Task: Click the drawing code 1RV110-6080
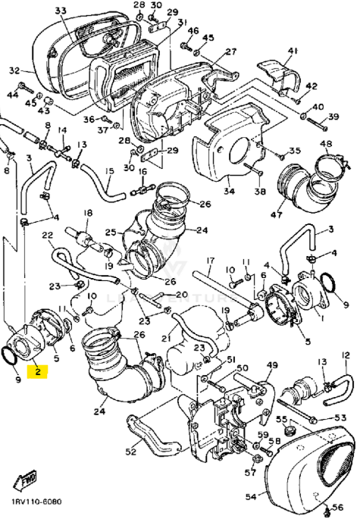36,502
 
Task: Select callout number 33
60,11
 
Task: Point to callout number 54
251,497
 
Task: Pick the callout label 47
277,215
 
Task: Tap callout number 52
130,452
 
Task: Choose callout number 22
47,236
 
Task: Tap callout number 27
230,51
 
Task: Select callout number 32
14,70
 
